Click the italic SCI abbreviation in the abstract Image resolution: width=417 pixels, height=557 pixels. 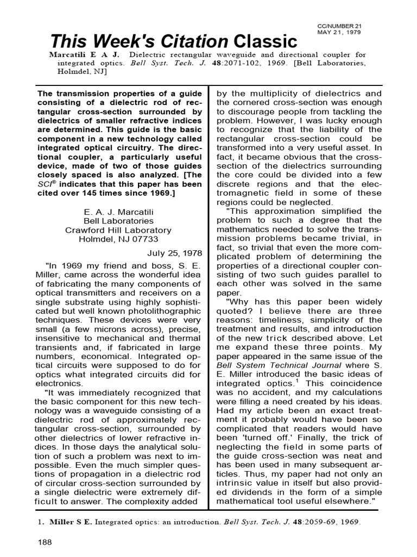45,185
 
